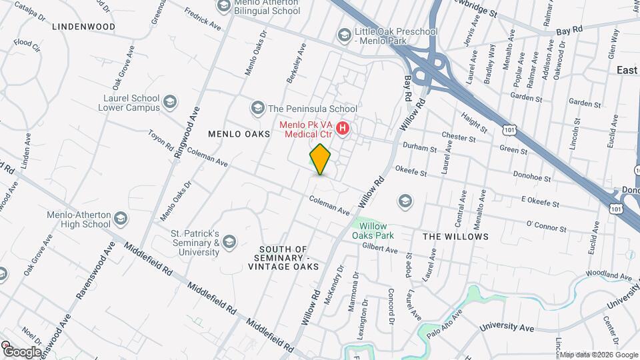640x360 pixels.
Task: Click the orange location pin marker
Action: pos(321,159)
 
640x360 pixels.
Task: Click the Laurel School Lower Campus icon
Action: pos(170,102)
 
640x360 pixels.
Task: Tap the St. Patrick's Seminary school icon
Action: pos(230,241)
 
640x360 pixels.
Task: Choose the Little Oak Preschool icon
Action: pos(344,35)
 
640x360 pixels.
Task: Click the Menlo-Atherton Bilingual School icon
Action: pos(223,6)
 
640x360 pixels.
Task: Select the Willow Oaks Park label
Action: pos(374,229)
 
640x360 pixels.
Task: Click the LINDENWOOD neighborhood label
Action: pos(83,27)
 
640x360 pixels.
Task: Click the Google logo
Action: pos(22,351)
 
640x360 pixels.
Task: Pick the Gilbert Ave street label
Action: pos(379,249)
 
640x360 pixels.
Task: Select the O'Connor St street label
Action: pos(546,227)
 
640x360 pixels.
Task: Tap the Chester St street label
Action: pos(458,138)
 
